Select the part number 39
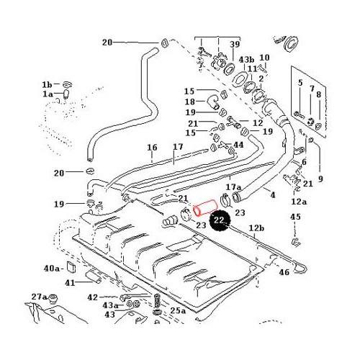[x=234, y=45]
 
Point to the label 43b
[x=246, y=59]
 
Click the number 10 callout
[x=264, y=58]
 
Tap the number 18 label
[x=189, y=102]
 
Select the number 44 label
[x=238, y=145]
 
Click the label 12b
[x=257, y=228]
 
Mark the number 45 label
[x=295, y=217]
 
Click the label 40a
[x=51, y=268]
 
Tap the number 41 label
[x=70, y=282]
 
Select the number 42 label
[x=92, y=297]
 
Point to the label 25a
[x=178, y=311]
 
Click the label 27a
[x=39, y=297]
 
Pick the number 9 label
[x=320, y=179]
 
